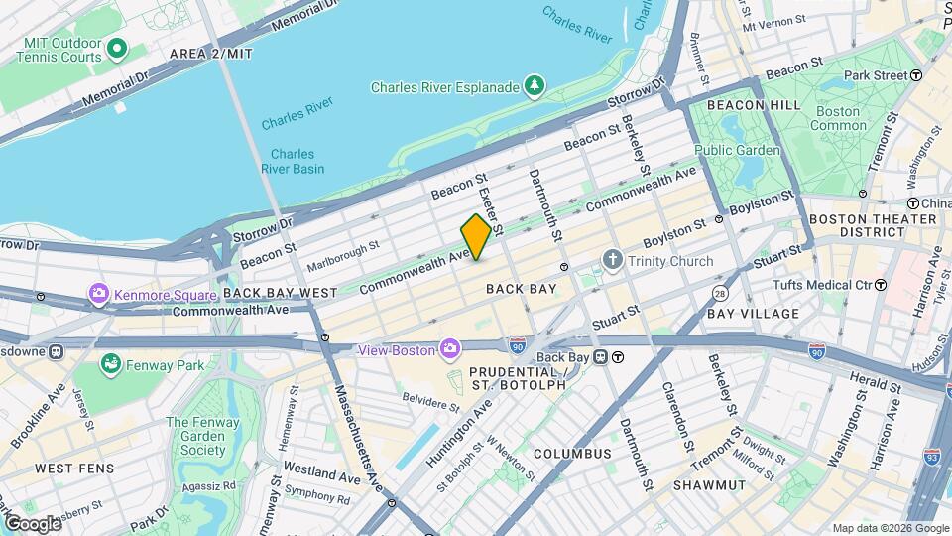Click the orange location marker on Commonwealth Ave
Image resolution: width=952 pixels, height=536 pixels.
[x=476, y=236]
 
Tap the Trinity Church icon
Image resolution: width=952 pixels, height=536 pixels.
[x=614, y=261]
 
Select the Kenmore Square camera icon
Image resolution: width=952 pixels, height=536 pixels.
[x=98, y=295]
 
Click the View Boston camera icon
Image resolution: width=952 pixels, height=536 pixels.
[x=450, y=349]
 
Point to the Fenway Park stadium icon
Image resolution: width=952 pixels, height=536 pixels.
[x=112, y=366]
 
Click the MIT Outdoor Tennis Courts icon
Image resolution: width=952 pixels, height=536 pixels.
[x=118, y=48]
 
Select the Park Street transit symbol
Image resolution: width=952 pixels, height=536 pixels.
[x=917, y=75]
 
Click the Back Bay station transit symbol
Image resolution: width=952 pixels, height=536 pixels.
[x=617, y=357]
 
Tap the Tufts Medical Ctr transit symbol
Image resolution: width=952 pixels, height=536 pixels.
[x=881, y=285]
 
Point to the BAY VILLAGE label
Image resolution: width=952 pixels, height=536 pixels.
[x=753, y=314]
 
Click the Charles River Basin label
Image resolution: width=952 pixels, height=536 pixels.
[x=293, y=161]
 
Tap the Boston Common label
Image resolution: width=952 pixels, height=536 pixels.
[x=836, y=118]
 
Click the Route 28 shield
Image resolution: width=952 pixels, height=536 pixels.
[x=720, y=295]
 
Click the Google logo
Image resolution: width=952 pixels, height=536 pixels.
[x=32, y=523]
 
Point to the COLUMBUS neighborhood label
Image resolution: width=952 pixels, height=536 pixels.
[x=572, y=454]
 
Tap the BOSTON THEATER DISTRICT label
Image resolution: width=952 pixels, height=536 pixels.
[x=873, y=225]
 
